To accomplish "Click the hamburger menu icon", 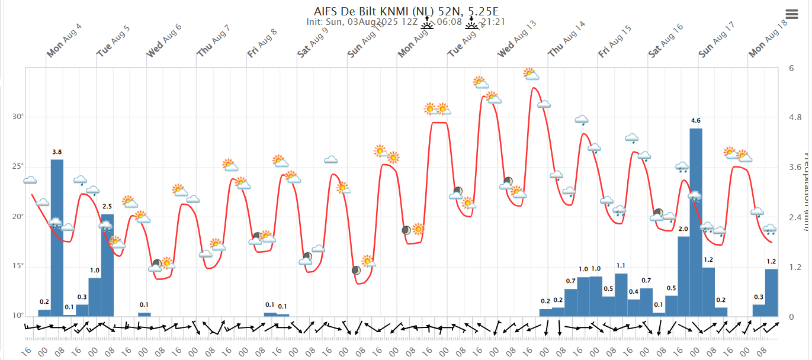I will click(792, 14).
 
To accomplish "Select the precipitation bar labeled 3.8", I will click(57, 237).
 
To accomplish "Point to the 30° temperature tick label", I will click(18, 117).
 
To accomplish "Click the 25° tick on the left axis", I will click(18, 166).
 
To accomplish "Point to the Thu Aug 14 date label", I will click(567, 40).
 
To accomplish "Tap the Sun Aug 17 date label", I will click(717, 40).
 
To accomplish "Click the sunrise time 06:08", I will click(450, 22).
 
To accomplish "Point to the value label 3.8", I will click(57, 152).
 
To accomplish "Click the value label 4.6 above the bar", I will click(696, 121).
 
